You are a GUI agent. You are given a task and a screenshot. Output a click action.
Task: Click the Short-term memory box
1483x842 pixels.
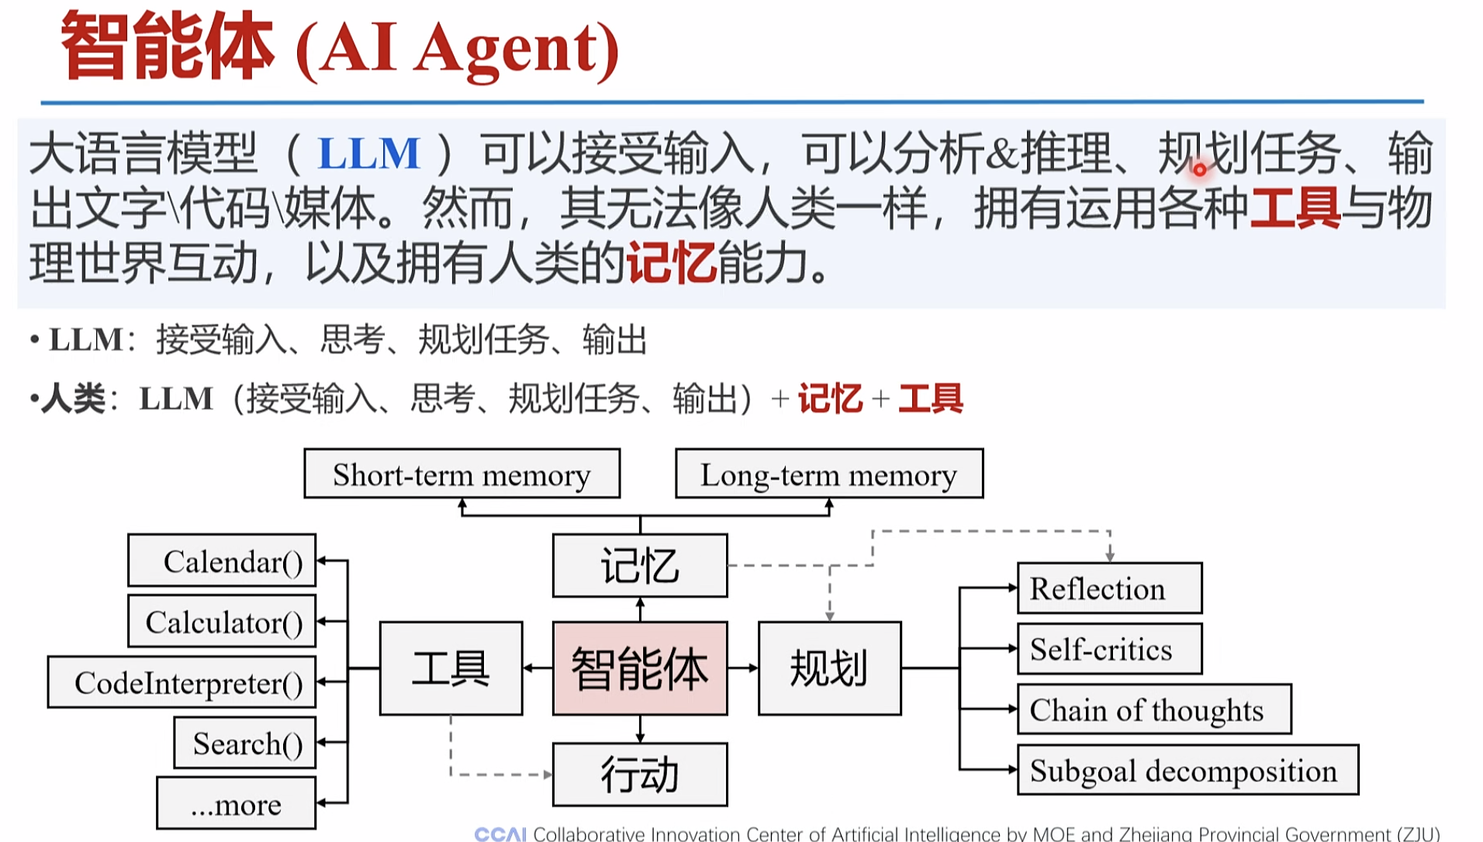point(461,474)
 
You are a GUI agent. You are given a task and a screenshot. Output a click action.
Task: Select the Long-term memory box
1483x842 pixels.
point(828,474)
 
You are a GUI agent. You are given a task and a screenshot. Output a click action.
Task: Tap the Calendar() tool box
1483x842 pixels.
point(222,561)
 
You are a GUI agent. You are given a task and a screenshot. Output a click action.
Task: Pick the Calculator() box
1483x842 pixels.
point(222,621)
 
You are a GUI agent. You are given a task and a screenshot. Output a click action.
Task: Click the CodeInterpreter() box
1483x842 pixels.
point(181,682)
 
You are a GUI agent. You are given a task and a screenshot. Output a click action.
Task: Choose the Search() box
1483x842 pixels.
point(244,743)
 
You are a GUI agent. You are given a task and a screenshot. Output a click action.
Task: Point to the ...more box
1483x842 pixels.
point(236,804)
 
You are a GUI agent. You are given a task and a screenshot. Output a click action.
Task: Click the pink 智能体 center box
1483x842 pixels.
point(640,668)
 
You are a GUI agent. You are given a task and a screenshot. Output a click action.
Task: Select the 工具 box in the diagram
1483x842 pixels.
point(451,668)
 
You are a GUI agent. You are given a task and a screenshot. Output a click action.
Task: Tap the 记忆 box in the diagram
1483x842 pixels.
point(640,565)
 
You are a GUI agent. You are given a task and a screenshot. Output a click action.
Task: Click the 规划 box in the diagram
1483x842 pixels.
point(829,668)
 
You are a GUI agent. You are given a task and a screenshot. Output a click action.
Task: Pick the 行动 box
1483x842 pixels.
point(640,775)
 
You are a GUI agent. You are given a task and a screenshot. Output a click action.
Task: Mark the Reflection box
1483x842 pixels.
point(1109,588)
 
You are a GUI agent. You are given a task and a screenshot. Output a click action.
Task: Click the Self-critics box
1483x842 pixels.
point(1109,649)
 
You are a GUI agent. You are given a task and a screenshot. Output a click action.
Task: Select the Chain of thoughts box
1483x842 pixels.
point(1154,709)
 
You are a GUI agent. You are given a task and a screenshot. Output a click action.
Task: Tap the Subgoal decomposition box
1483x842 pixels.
point(1187,770)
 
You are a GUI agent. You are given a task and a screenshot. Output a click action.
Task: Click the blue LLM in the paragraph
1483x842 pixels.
point(368,153)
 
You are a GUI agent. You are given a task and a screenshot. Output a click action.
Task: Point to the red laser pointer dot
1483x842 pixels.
point(1200,169)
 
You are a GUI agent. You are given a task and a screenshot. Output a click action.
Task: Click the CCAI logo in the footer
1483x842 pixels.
point(500,833)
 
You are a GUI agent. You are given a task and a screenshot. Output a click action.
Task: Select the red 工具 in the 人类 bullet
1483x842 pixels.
point(930,399)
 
